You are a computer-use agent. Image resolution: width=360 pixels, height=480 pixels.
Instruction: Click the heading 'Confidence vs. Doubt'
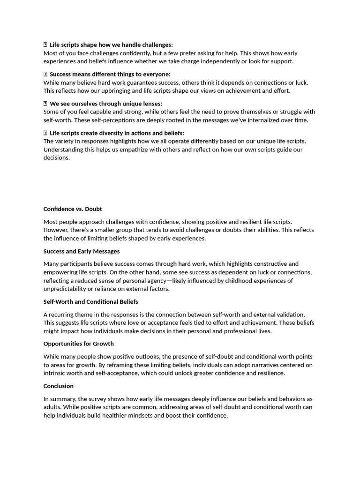coord(73,209)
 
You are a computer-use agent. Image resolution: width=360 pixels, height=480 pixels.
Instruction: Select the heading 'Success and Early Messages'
coord(82,251)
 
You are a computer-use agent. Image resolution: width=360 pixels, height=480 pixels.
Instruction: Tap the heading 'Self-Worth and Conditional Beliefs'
coord(90,302)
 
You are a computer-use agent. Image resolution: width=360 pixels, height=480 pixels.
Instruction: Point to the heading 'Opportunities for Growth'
coord(79,344)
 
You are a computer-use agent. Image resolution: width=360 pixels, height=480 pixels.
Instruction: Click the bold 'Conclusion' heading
coord(59,386)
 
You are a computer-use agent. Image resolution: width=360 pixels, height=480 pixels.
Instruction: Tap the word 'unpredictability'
coord(67,289)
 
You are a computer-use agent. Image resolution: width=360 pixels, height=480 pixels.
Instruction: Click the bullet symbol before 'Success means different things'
coord(45,75)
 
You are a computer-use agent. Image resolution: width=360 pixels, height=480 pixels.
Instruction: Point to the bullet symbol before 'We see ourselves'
coord(45,104)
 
